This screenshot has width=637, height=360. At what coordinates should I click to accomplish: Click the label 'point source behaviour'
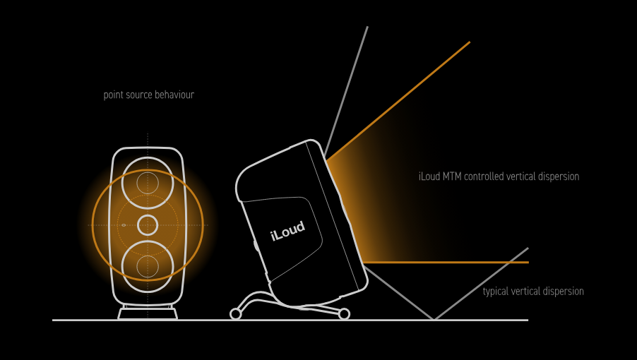click(148, 95)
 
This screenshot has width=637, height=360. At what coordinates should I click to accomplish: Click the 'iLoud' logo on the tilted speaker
click(287, 231)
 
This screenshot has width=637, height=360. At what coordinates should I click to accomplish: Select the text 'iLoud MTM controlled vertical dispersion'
click(499, 176)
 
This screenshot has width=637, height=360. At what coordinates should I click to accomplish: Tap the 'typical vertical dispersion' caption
click(533, 291)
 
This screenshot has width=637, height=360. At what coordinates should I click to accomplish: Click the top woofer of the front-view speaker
click(148, 181)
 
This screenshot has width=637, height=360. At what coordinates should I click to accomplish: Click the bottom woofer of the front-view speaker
click(148, 266)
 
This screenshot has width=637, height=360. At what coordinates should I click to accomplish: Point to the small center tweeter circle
click(148, 225)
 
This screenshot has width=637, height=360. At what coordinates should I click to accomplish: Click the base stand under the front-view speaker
click(148, 313)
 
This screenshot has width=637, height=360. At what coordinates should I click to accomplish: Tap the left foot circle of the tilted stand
click(235, 314)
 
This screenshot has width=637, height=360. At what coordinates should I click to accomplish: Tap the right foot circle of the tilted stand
click(344, 314)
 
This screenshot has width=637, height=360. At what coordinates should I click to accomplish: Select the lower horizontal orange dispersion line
click(452, 263)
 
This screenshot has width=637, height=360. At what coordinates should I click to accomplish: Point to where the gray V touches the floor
click(434, 319)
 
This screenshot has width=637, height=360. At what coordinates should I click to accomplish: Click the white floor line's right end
click(526, 320)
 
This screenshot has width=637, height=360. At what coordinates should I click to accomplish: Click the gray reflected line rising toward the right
click(487, 279)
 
